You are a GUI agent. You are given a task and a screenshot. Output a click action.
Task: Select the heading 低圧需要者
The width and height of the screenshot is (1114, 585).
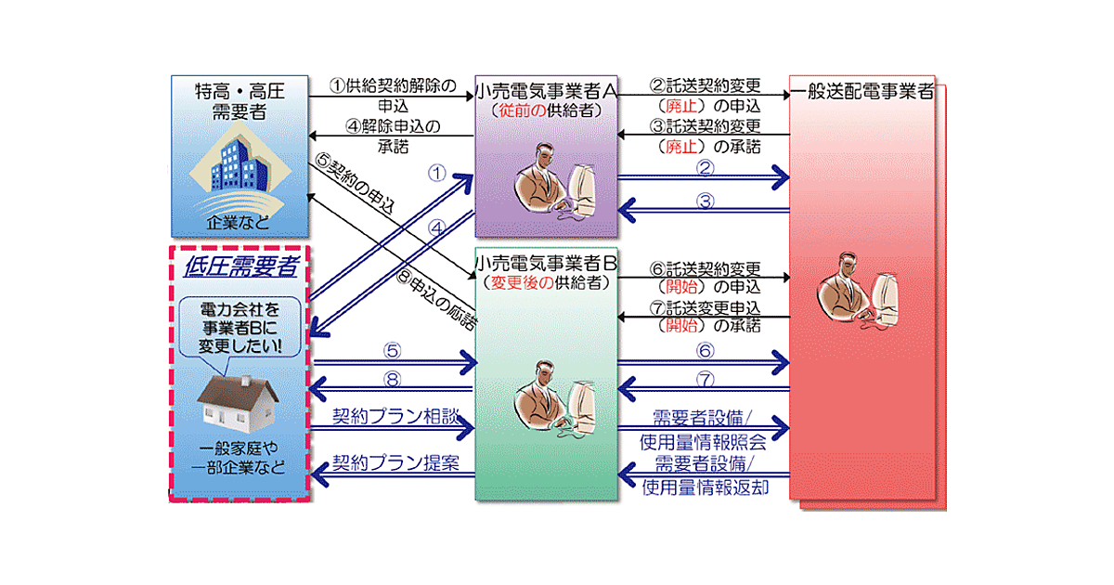coord(240,267)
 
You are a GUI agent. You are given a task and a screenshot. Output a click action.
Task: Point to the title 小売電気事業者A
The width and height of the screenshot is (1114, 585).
coord(546,92)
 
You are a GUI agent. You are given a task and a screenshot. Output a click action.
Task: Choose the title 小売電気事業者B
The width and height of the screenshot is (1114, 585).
coord(546,264)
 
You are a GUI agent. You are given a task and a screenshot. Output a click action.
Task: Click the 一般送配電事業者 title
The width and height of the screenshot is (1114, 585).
coord(861,92)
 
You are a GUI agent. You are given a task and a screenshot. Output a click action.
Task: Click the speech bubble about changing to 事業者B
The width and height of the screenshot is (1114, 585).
coord(240,329)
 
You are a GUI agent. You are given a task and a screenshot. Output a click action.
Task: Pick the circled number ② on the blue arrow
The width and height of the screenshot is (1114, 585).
coord(705,168)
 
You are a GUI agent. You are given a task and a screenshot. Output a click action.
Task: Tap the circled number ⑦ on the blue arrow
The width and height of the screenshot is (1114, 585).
coord(705,380)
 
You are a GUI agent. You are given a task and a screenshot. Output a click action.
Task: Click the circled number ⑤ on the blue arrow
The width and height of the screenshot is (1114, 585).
coord(393,351)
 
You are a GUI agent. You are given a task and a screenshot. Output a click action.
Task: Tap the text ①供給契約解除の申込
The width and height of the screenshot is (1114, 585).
coord(395,96)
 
